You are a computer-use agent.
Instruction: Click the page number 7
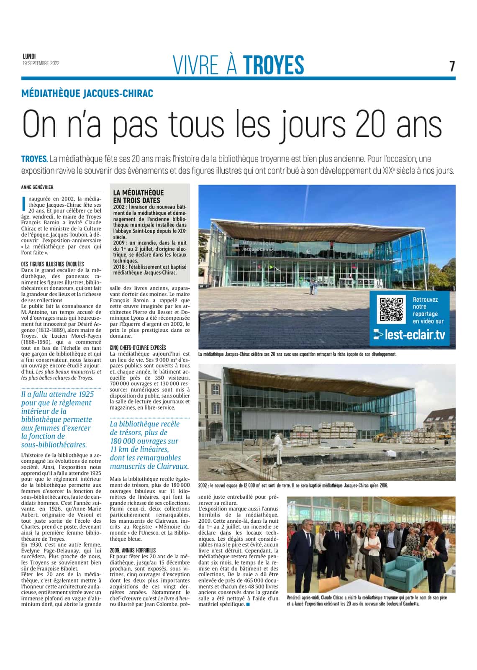(x=452, y=66)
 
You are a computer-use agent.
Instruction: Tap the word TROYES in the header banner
(x=273, y=65)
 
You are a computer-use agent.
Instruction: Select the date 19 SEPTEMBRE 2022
(x=41, y=64)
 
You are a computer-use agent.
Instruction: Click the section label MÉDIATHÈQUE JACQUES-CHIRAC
(x=87, y=93)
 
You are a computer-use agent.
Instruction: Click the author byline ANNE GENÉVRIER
(x=37, y=187)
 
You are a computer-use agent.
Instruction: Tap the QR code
(x=391, y=309)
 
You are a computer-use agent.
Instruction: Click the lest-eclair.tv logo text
(x=409, y=335)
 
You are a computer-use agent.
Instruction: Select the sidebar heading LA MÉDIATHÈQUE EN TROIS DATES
(x=138, y=196)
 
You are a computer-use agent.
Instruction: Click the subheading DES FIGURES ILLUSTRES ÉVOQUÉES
(x=52, y=264)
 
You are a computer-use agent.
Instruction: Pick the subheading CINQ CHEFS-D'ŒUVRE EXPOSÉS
(x=138, y=348)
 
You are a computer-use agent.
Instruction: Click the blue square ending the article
(x=248, y=604)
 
